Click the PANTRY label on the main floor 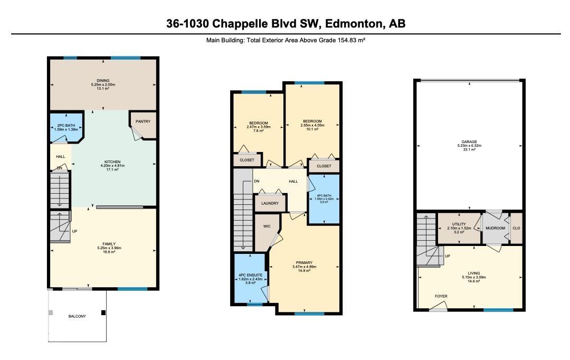point(143,121)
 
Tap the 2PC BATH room point(66,127)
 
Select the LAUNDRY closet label point(270,203)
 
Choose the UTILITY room point(459,228)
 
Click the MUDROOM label point(496,228)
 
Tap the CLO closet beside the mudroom point(516,228)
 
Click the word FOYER point(441,296)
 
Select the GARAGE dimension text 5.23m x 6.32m point(469,146)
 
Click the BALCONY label point(77,316)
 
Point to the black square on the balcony point(103,312)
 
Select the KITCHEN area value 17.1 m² point(112,169)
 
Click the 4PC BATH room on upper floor point(324,199)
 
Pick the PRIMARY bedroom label point(305,262)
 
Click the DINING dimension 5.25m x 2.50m point(103,84)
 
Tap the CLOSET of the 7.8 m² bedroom point(247,160)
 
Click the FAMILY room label point(109,244)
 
